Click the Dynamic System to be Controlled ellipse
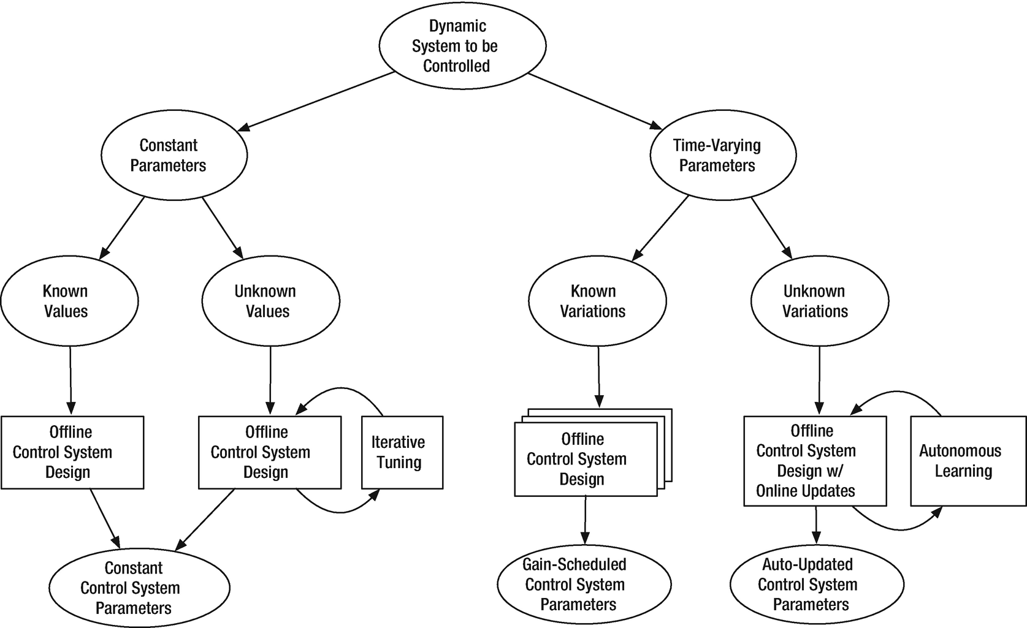[x=462, y=46]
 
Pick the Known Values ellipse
[x=69, y=301]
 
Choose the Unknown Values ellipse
[x=270, y=301]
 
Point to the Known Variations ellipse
[x=597, y=301]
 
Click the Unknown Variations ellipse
[x=819, y=301]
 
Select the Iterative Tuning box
[x=402, y=452]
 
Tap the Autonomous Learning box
[x=968, y=461]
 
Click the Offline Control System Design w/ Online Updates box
[x=814, y=461]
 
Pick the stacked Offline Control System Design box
[x=585, y=460]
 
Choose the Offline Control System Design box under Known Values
[x=72, y=452]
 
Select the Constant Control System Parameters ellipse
[x=139, y=588]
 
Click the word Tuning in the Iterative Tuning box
[x=399, y=463]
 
